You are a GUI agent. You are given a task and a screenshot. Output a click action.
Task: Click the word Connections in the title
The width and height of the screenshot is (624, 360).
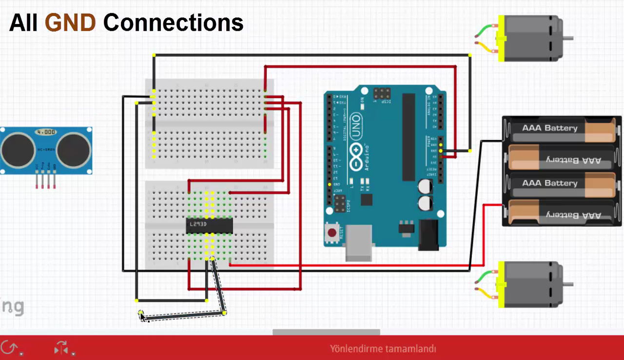[x=174, y=22]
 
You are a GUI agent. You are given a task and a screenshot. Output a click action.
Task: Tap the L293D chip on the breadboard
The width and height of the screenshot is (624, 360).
[x=210, y=225]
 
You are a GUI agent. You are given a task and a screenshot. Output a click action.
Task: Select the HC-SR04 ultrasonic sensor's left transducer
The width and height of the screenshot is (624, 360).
[x=18, y=150]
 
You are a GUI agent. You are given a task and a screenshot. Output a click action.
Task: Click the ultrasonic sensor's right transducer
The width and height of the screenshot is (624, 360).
[x=74, y=150]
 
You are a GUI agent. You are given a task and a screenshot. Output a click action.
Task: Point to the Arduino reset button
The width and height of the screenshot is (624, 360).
[x=332, y=233]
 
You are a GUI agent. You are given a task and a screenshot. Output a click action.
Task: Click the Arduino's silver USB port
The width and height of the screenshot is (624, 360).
[x=359, y=242]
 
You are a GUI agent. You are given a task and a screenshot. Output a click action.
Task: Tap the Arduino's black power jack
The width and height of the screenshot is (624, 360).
[x=429, y=235]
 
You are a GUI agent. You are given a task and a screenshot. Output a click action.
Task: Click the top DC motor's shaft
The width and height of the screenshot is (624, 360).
[x=567, y=38]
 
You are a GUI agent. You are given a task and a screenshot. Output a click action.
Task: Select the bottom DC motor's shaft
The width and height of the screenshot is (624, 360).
[x=567, y=284]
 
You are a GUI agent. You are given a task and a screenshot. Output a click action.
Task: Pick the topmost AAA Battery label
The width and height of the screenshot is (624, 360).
[x=549, y=128]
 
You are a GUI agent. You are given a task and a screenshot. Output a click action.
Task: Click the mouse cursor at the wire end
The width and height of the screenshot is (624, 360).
[x=141, y=316]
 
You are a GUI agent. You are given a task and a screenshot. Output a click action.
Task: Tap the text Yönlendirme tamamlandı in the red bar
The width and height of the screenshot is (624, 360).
[x=383, y=349]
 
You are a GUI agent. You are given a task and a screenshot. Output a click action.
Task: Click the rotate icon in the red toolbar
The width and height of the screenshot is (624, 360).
[x=9, y=348]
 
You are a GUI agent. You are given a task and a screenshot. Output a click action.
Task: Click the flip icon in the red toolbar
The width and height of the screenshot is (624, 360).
[x=61, y=348]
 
